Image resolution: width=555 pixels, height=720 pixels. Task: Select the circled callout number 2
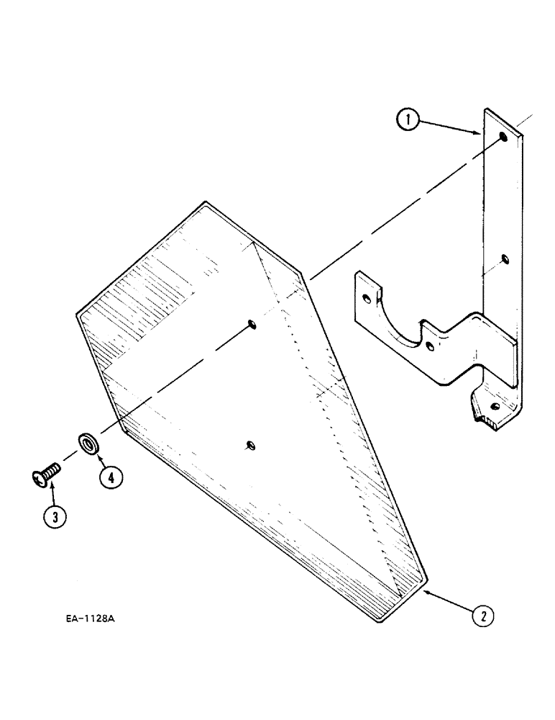click(484, 616)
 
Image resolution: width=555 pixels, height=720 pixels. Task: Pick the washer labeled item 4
click(87, 442)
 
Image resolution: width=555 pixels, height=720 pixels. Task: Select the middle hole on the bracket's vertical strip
click(504, 257)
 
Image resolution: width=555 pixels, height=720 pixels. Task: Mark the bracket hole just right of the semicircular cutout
click(430, 346)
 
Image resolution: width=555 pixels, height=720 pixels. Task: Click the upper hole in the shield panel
click(251, 324)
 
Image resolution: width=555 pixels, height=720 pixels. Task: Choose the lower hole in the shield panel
click(249, 444)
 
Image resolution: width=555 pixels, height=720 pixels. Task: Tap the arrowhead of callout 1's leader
click(480, 134)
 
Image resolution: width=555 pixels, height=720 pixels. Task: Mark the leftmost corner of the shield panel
click(78, 312)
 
